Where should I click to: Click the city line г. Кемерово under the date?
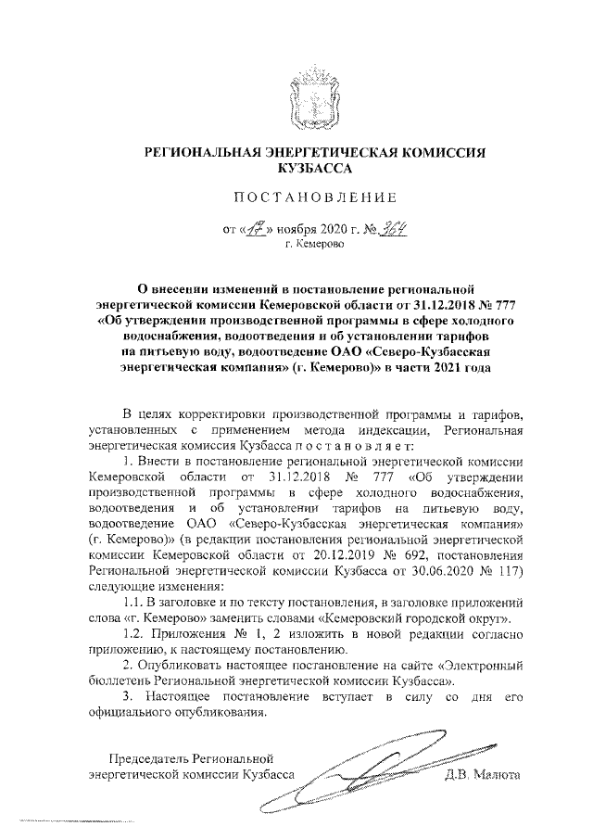click(x=314, y=245)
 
